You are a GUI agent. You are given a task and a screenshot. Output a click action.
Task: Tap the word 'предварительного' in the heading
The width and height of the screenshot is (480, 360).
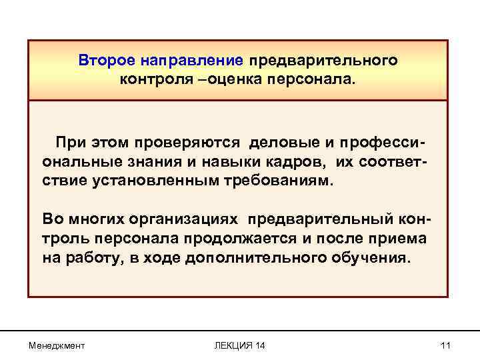tap(323, 61)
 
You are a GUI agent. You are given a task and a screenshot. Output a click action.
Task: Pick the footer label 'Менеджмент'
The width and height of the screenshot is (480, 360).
tap(57, 345)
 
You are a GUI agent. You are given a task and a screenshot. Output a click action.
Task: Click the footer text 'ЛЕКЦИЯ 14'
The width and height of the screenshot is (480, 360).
tap(239, 345)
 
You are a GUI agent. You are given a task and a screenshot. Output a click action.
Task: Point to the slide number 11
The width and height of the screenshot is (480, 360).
tap(446, 345)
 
